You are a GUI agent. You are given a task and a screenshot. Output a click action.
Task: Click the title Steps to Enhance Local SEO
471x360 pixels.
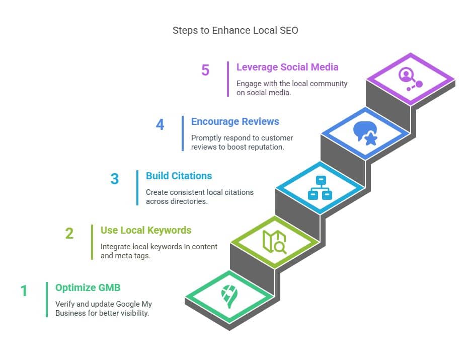(235, 30)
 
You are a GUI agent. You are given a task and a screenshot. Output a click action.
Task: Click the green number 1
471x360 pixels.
(24, 291)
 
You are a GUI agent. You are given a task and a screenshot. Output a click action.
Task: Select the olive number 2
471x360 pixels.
(69, 234)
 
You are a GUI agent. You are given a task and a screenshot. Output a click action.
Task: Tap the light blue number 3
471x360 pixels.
(115, 179)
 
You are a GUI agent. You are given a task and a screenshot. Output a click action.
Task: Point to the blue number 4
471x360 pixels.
(160, 125)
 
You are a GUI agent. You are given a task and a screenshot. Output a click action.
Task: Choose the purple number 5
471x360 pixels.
(205, 70)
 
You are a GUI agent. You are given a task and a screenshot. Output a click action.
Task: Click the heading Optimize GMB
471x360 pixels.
(88, 287)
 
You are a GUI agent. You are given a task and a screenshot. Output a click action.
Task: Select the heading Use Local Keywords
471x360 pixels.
(146, 230)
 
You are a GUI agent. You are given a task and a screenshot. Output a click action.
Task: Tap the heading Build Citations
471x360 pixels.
(179, 176)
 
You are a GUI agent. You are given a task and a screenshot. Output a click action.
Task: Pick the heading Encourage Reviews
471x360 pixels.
(235, 121)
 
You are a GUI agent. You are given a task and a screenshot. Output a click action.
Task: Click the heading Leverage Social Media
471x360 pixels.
(287, 67)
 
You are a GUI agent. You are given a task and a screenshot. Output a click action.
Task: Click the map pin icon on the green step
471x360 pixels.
(229, 296)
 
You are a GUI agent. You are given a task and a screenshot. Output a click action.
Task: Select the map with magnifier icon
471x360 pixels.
(274, 242)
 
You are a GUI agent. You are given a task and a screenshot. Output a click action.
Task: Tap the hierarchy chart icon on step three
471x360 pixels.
(320, 187)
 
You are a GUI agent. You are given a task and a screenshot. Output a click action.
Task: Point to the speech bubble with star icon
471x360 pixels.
(365, 133)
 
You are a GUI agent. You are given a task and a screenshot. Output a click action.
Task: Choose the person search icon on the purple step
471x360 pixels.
(410, 79)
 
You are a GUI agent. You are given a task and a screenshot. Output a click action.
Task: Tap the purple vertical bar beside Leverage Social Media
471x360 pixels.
(228, 79)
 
